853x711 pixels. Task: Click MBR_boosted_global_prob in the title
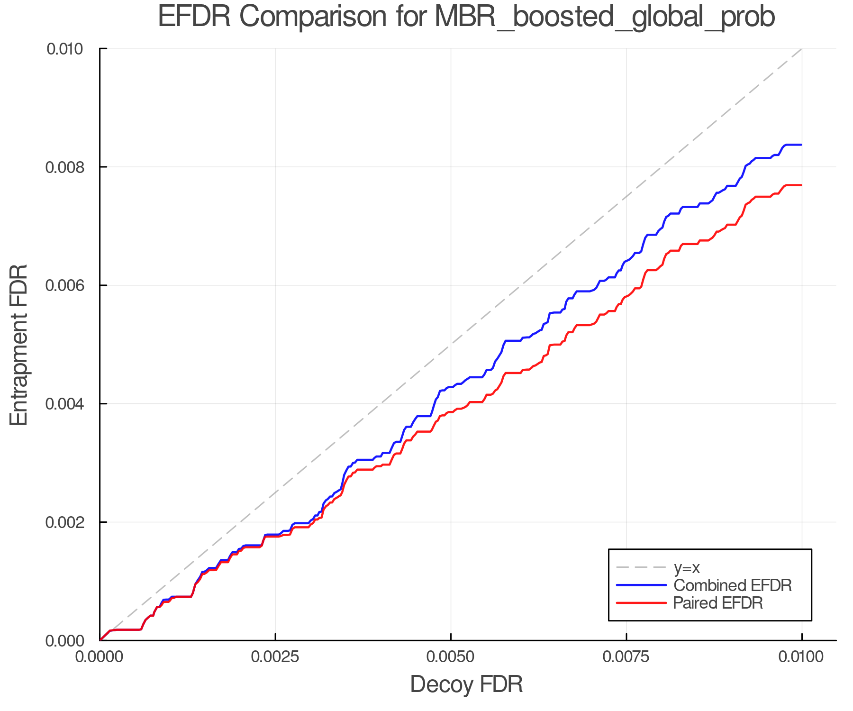point(604,18)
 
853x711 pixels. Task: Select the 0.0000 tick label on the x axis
point(100,657)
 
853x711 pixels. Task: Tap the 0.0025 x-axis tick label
point(275,657)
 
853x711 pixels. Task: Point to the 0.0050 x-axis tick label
point(451,657)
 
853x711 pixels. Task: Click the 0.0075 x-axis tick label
point(626,657)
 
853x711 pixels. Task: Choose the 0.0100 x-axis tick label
point(801,657)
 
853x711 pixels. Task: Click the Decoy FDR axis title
point(466,684)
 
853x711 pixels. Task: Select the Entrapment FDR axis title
point(19,345)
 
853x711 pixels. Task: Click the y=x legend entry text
point(687,567)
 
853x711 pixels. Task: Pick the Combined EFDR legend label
point(732,585)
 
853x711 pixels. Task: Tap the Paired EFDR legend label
point(718,603)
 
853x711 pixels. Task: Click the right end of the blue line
point(801,145)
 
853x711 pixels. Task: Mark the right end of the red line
point(801,185)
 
